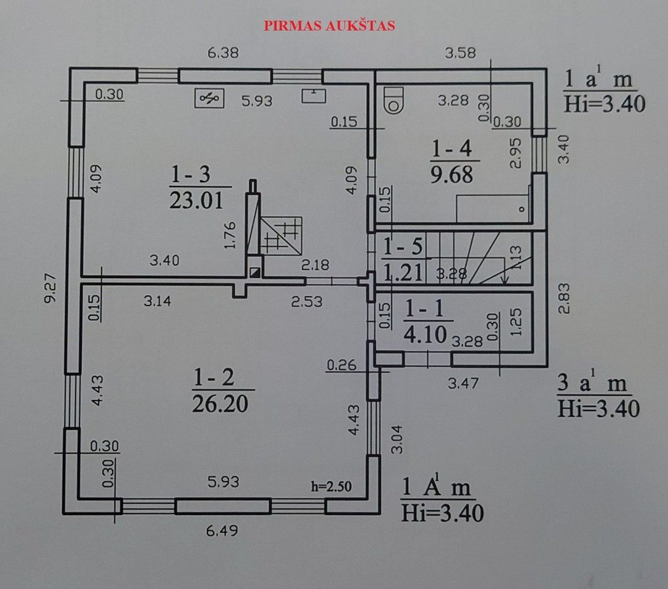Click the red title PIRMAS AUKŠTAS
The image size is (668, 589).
point(329,26)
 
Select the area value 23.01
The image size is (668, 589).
point(196,200)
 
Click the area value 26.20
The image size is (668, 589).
point(220,403)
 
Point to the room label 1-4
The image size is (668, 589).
point(452,149)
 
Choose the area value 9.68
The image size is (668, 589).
point(452,175)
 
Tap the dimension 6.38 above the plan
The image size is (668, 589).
point(223,53)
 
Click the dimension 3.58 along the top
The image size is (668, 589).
point(460,53)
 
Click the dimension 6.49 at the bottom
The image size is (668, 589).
point(222,531)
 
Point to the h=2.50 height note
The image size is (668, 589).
point(331,486)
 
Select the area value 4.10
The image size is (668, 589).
point(425,334)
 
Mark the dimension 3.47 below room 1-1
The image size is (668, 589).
point(463,384)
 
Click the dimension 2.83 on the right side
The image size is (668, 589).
point(564,298)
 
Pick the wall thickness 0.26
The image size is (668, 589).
point(342,365)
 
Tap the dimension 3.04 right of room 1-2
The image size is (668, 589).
point(397,439)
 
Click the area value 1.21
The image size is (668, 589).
point(403,272)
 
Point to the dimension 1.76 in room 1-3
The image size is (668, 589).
point(230,236)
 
